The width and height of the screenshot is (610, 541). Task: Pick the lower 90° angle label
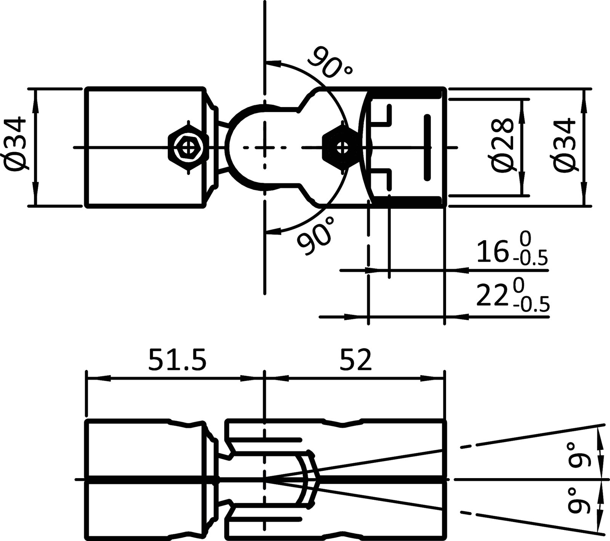(316, 236)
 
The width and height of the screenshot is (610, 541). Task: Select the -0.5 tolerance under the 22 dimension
(531, 305)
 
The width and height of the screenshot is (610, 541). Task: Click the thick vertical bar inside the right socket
(427, 147)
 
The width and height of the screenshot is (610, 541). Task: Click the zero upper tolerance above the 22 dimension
(517, 284)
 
